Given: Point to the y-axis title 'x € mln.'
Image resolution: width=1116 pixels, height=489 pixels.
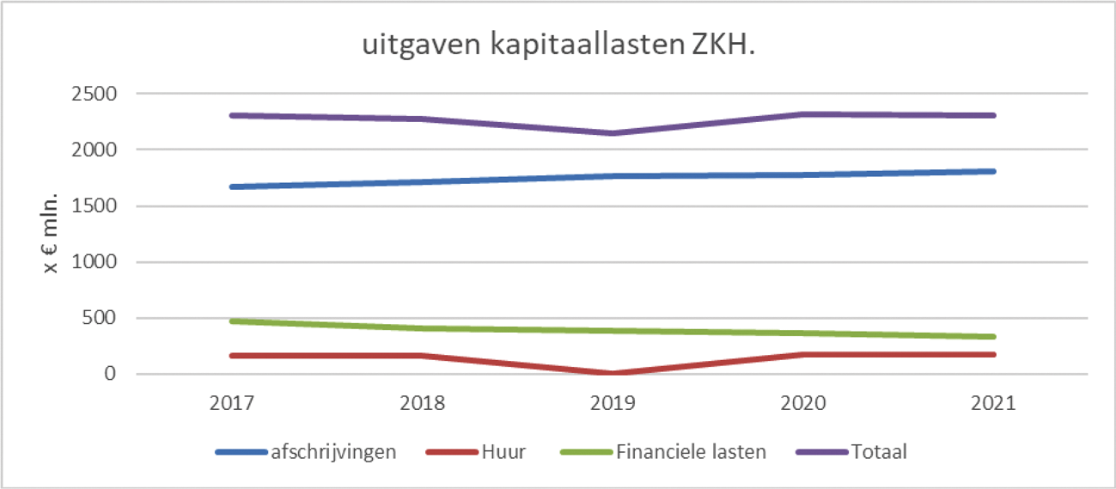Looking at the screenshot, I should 52,233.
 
